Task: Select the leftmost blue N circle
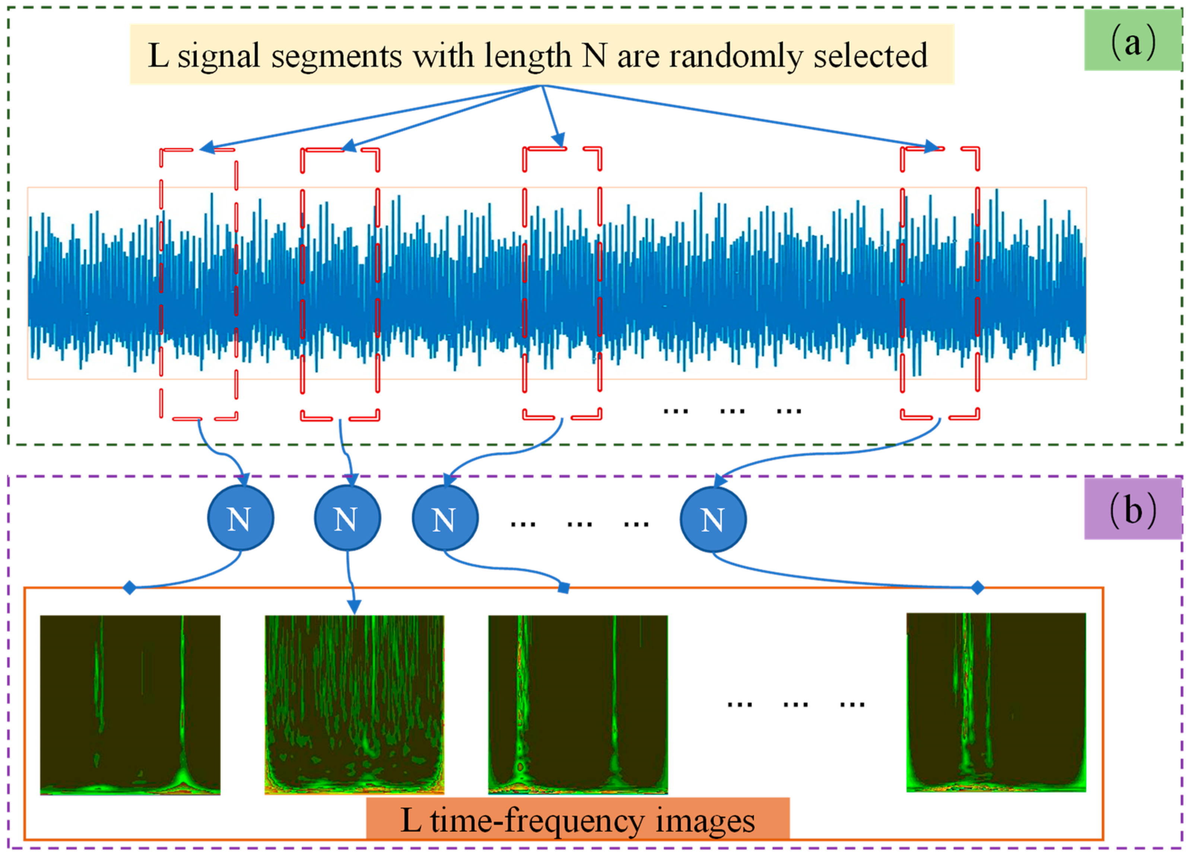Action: point(240,519)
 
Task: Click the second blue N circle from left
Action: point(347,519)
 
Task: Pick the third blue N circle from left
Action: point(445,519)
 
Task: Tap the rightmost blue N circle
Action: point(713,519)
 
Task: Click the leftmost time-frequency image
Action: point(130,705)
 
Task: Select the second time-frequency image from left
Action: point(354,705)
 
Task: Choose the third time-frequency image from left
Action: point(578,705)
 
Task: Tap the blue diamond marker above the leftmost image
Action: point(130,587)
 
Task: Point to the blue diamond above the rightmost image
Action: point(977,587)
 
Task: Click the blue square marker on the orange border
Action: point(563,588)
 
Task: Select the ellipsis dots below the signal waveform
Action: point(732,411)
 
